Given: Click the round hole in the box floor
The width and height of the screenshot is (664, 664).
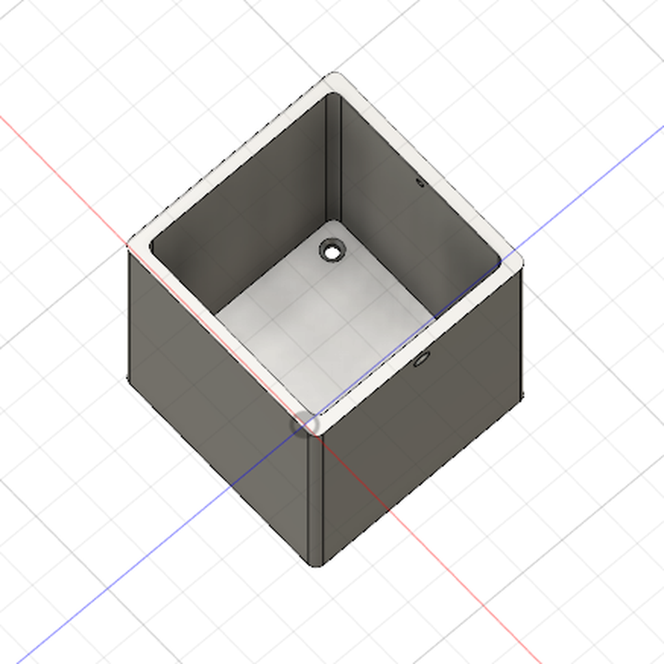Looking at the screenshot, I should [332, 251].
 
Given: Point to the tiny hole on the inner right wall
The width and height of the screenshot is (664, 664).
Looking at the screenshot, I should [420, 183].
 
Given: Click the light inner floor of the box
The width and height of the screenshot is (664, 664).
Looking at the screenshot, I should [324, 324].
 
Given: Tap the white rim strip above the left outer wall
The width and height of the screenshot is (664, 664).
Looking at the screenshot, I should [220, 331].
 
